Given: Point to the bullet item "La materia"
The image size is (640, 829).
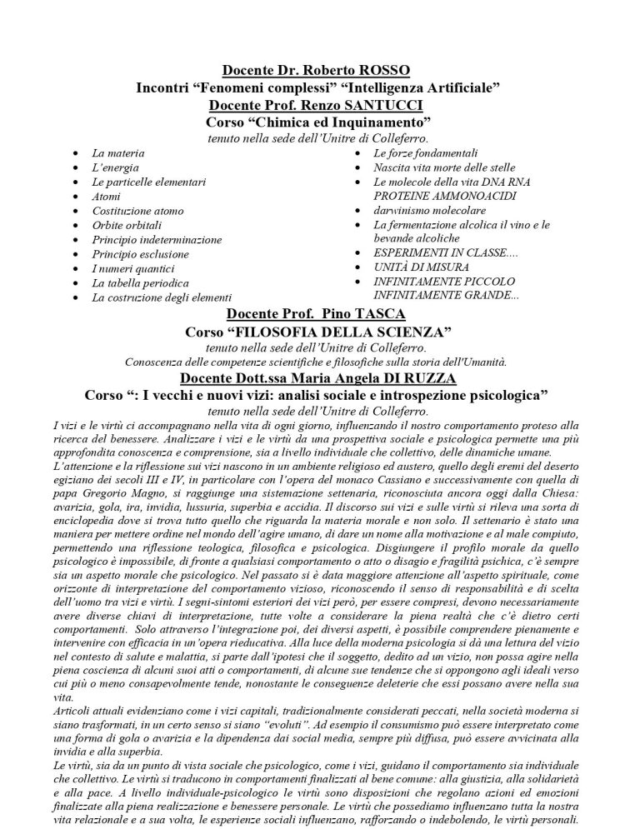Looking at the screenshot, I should pos(118,153).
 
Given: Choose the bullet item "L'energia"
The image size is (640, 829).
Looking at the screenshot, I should pos(116,167).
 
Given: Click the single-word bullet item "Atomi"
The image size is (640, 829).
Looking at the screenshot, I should pos(107,197).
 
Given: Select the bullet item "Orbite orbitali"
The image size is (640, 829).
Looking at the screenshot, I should pos(127,225).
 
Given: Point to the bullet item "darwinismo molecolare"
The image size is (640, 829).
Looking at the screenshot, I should pos(430,210).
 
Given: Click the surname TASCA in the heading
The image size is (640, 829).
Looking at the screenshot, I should pos(381,314).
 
